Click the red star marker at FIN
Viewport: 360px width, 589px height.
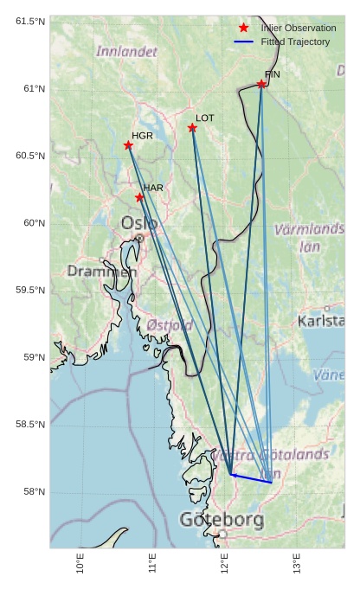click(x=261, y=84)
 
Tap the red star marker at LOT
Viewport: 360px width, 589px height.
click(x=192, y=128)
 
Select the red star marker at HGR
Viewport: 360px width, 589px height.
click(x=128, y=145)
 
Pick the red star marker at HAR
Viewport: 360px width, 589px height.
click(x=139, y=197)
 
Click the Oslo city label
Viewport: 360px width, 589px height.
click(x=138, y=223)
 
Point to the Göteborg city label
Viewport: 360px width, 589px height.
click(x=222, y=520)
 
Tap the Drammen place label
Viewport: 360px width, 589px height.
click(x=102, y=272)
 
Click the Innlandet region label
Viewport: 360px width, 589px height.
click(x=126, y=52)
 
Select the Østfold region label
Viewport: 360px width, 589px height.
click(x=170, y=325)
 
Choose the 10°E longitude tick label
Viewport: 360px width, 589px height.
click(x=80, y=564)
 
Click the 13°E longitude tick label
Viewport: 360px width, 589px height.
click(x=297, y=564)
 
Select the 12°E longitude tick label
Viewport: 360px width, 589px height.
click(x=225, y=564)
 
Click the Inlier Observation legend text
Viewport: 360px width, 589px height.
click(x=299, y=29)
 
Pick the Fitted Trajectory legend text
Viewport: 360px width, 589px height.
click(x=295, y=42)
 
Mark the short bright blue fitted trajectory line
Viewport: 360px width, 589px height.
click(x=251, y=477)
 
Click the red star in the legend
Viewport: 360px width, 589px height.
click(x=244, y=28)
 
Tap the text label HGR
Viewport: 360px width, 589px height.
click(x=143, y=136)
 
